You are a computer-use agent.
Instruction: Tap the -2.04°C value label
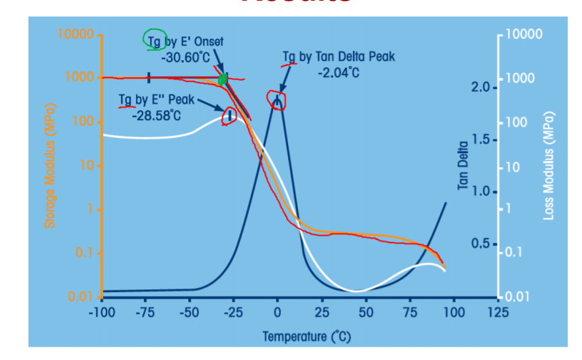tap(338, 72)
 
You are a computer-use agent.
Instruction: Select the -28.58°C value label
tap(156, 116)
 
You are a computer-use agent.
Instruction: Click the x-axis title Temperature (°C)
tap(307, 336)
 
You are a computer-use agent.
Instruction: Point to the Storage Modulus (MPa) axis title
tap(50, 166)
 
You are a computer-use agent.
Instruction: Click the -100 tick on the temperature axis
tap(101, 311)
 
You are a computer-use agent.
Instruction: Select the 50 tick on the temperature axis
tap(365, 311)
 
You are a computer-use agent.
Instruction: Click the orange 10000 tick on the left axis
tap(77, 34)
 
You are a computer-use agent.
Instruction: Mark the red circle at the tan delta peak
tap(277, 100)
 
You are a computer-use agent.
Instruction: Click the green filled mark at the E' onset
tap(223, 80)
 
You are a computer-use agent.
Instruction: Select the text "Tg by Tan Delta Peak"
tap(338, 57)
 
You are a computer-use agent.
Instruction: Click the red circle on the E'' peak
tap(230, 116)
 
